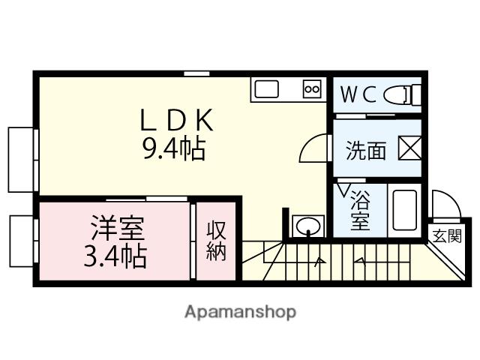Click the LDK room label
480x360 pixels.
[x=178, y=121]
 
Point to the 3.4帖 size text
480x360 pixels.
[x=115, y=256]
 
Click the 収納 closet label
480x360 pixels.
[x=217, y=241]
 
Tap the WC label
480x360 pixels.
[x=358, y=94]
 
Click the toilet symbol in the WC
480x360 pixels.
[x=403, y=95]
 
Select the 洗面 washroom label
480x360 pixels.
[x=366, y=151]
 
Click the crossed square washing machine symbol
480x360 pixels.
[x=409, y=148]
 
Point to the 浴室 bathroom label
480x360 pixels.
[x=360, y=211]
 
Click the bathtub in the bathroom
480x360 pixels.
[x=404, y=211]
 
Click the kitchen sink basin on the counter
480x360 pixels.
[x=267, y=90]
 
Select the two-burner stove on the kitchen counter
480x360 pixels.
[x=311, y=90]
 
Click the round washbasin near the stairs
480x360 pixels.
[x=306, y=226]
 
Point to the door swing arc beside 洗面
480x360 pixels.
[x=313, y=146]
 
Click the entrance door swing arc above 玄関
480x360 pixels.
[x=442, y=205]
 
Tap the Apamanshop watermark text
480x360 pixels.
[x=240, y=311]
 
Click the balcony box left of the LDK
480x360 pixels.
[x=21, y=160]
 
